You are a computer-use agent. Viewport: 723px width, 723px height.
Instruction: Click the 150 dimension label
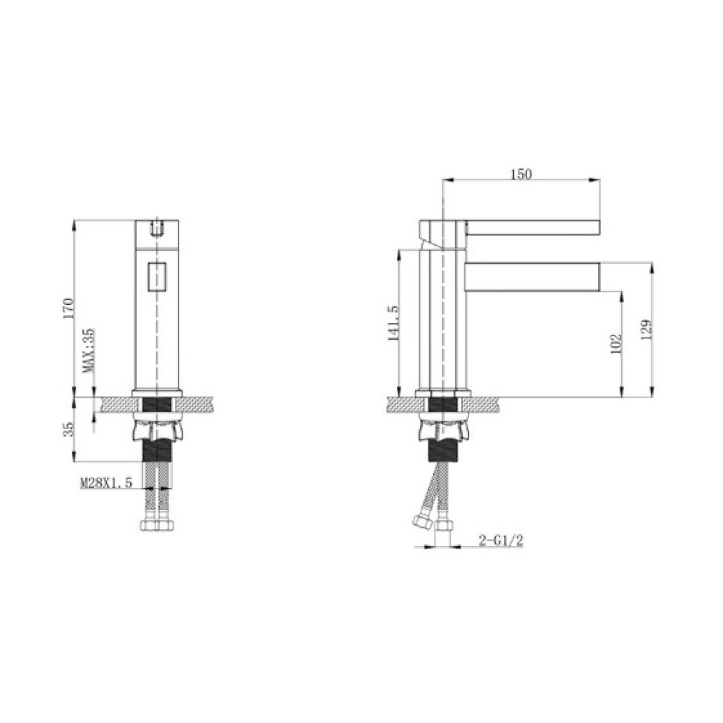[x=521, y=174]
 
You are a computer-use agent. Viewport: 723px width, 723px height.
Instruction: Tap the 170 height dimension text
[x=68, y=309]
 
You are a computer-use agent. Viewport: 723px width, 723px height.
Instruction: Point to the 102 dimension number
[x=616, y=344]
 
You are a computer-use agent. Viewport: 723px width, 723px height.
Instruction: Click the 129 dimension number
[x=646, y=330]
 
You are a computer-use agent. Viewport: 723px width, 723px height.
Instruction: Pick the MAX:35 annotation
[x=88, y=350]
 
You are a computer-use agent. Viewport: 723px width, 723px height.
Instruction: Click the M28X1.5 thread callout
[x=106, y=483]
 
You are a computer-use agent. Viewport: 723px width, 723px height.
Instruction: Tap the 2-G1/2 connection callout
[x=501, y=540]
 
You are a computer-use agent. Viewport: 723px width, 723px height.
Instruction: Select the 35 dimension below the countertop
[x=68, y=429]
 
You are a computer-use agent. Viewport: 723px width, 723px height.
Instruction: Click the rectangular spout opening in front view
[x=157, y=277]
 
